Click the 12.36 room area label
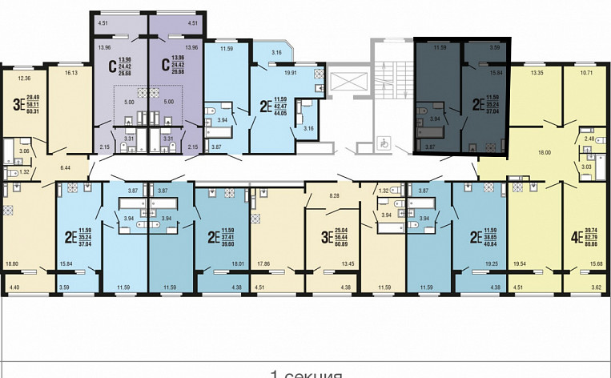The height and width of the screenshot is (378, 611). tap(22, 78)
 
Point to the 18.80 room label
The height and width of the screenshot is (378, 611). tap(13, 262)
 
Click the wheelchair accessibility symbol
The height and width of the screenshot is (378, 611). tap(385, 145)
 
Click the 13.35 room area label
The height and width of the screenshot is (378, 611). tap(536, 71)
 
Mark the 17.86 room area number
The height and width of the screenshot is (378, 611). tap(264, 262)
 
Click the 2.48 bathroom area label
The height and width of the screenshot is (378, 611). tap(589, 139)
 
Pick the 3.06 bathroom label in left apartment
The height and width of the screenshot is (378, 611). tap(24, 151)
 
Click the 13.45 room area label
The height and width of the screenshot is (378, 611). tap(347, 262)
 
